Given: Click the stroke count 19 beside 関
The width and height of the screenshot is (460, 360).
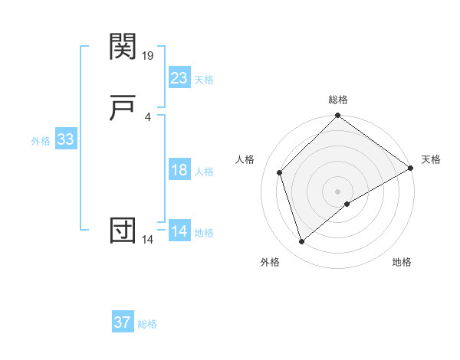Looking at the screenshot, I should (149, 56).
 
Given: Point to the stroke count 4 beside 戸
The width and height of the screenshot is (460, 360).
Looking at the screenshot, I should (147, 116).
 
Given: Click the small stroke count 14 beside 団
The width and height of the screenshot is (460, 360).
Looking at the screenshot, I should (148, 239).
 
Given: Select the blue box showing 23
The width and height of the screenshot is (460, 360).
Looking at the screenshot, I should (179, 78).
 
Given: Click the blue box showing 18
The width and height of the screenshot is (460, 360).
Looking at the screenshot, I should (179, 170).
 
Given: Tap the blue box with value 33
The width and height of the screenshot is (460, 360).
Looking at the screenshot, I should (65, 139).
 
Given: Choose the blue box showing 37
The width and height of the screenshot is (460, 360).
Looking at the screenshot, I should (123, 322).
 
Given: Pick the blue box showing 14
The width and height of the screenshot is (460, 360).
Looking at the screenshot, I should (179, 231).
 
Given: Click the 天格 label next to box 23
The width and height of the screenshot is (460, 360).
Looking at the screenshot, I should (204, 80).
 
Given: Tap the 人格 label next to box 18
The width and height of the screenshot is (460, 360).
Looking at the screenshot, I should (204, 172).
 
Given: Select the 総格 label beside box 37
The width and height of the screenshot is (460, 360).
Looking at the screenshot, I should (147, 324).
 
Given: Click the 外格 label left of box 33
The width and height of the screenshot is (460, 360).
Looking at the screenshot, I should (41, 141).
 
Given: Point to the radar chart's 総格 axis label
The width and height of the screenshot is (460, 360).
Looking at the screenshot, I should (338, 100).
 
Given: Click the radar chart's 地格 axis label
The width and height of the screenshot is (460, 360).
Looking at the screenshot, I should (402, 262).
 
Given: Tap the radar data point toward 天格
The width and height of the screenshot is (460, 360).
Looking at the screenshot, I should (411, 168).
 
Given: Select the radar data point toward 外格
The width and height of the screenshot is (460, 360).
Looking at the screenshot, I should (301, 242).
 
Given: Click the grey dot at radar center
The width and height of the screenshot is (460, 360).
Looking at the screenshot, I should (338, 191).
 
